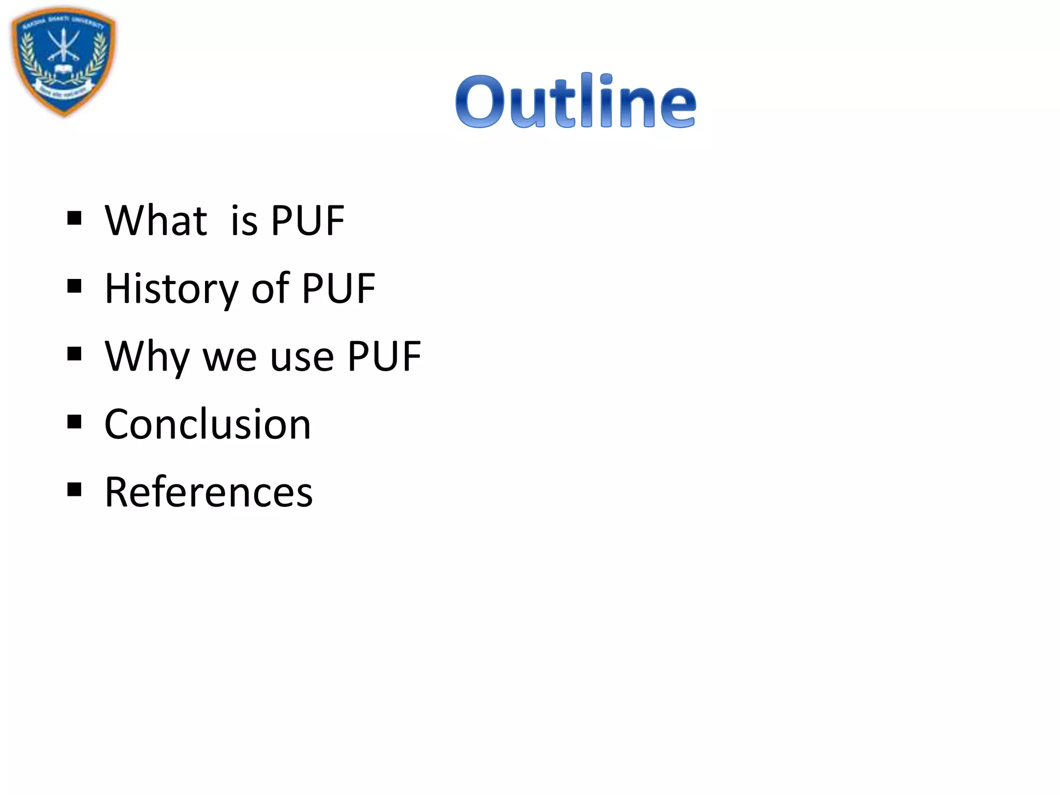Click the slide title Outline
tap(576, 101)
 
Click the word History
tap(171, 289)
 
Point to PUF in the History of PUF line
tap(338, 289)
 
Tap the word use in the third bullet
tap(302, 358)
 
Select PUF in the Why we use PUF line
tap(384, 357)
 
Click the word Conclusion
tap(208, 424)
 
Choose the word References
tap(209, 492)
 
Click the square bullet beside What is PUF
tap(75, 218)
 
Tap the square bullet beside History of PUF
tap(75, 286)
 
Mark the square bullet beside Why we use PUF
tap(75, 354)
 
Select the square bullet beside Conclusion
tap(75, 422)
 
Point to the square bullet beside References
tap(75, 490)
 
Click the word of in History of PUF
tap(270, 289)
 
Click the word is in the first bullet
tap(244, 222)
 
